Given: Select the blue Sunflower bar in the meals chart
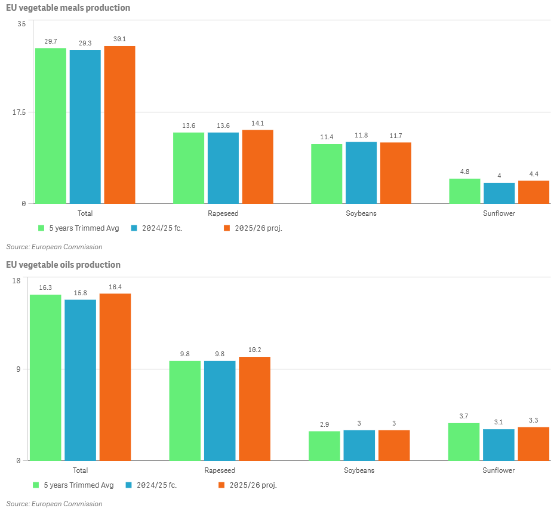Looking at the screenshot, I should [499, 193].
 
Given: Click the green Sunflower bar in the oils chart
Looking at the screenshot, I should [464, 442].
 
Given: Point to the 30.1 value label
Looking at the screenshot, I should [119, 39].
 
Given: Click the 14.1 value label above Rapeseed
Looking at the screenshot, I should [258, 123].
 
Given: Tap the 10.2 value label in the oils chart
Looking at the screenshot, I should [254, 350].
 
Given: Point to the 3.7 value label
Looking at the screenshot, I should [464, 416].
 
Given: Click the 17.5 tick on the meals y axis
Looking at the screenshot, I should [18, 112].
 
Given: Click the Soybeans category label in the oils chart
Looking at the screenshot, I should [359, 470].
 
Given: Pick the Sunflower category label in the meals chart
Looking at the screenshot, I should [499, 213].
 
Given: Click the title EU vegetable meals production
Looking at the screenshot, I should [68, 8].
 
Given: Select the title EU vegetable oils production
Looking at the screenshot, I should [63, 265].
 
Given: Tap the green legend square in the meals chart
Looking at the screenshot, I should [42, 228].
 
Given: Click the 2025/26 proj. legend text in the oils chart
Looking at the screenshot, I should [253, 485].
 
